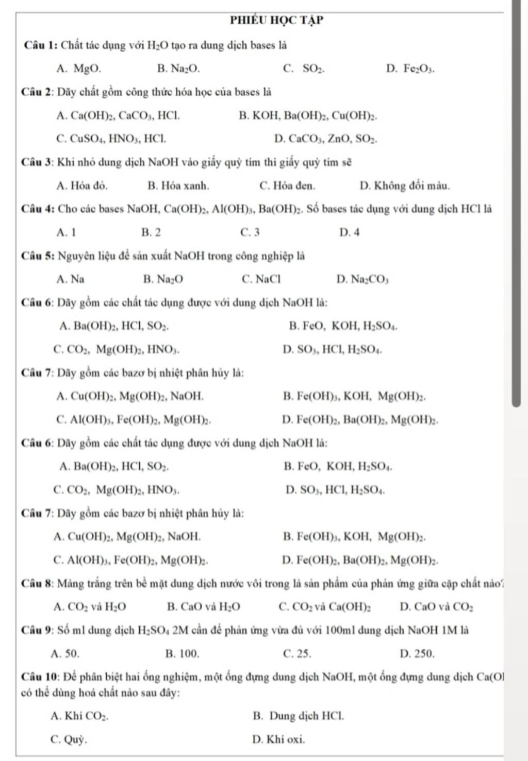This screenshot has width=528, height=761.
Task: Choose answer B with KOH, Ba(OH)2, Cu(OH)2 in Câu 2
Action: pyautogui.click(x=308, y=115)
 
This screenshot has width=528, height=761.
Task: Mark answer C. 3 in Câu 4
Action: pyautogui.click(x=250, y=232)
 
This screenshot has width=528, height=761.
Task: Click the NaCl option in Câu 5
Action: pyautogui.click(x=261, y=279)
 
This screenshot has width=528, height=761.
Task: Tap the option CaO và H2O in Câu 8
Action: pyautogui.click(x=204, y=607)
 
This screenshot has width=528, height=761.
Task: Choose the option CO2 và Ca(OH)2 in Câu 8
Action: pyautogui.click(x=324, y=607)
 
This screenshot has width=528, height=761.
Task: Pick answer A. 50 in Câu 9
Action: pyautogui.click(x=65, y=654)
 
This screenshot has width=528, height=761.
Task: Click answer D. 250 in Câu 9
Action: pyautogui.click(x=417, y=654)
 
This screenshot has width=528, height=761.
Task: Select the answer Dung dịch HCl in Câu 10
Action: pyautogui.click(x=299, y=716)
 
